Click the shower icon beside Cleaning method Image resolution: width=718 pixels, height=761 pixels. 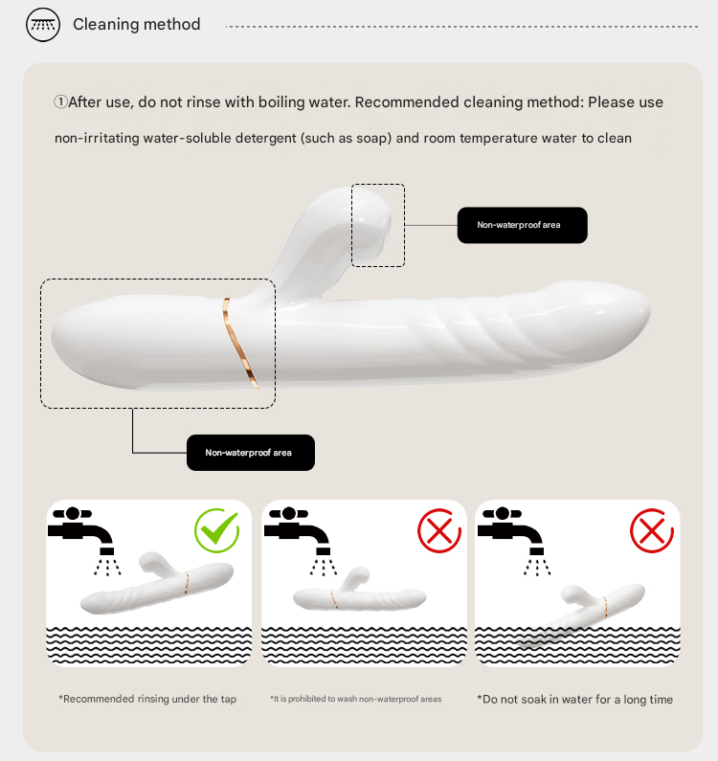pyautogui.click(x=43, y=24)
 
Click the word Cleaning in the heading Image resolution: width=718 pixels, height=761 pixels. pyautogui.click(x=102, y=24)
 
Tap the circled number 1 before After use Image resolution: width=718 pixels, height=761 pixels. pyautogui.click(x=60, y=101)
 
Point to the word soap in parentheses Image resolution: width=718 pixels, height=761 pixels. pyautogui.click(x=373, y=138)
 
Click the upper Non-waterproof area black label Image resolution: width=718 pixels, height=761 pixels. pyautogui.click(x=523, y=225)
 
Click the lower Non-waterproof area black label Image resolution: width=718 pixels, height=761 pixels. pyautogui.click(x=251, y=453)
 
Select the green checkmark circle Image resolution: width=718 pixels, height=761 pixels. pyautogui.click(x=216, y=530)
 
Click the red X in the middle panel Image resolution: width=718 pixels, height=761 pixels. pyautogui.click(x=439, y=530)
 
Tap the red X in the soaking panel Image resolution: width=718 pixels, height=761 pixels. pyautogui.click(x=652, y=530)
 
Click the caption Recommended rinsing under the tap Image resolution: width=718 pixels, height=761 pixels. pyautogui.click(x=147, y=699)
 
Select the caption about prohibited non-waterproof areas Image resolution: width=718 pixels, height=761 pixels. pyautogui.click(x=356, y=699)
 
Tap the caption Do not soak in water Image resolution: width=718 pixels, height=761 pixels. pyautogui.click(x=574, y=700)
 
